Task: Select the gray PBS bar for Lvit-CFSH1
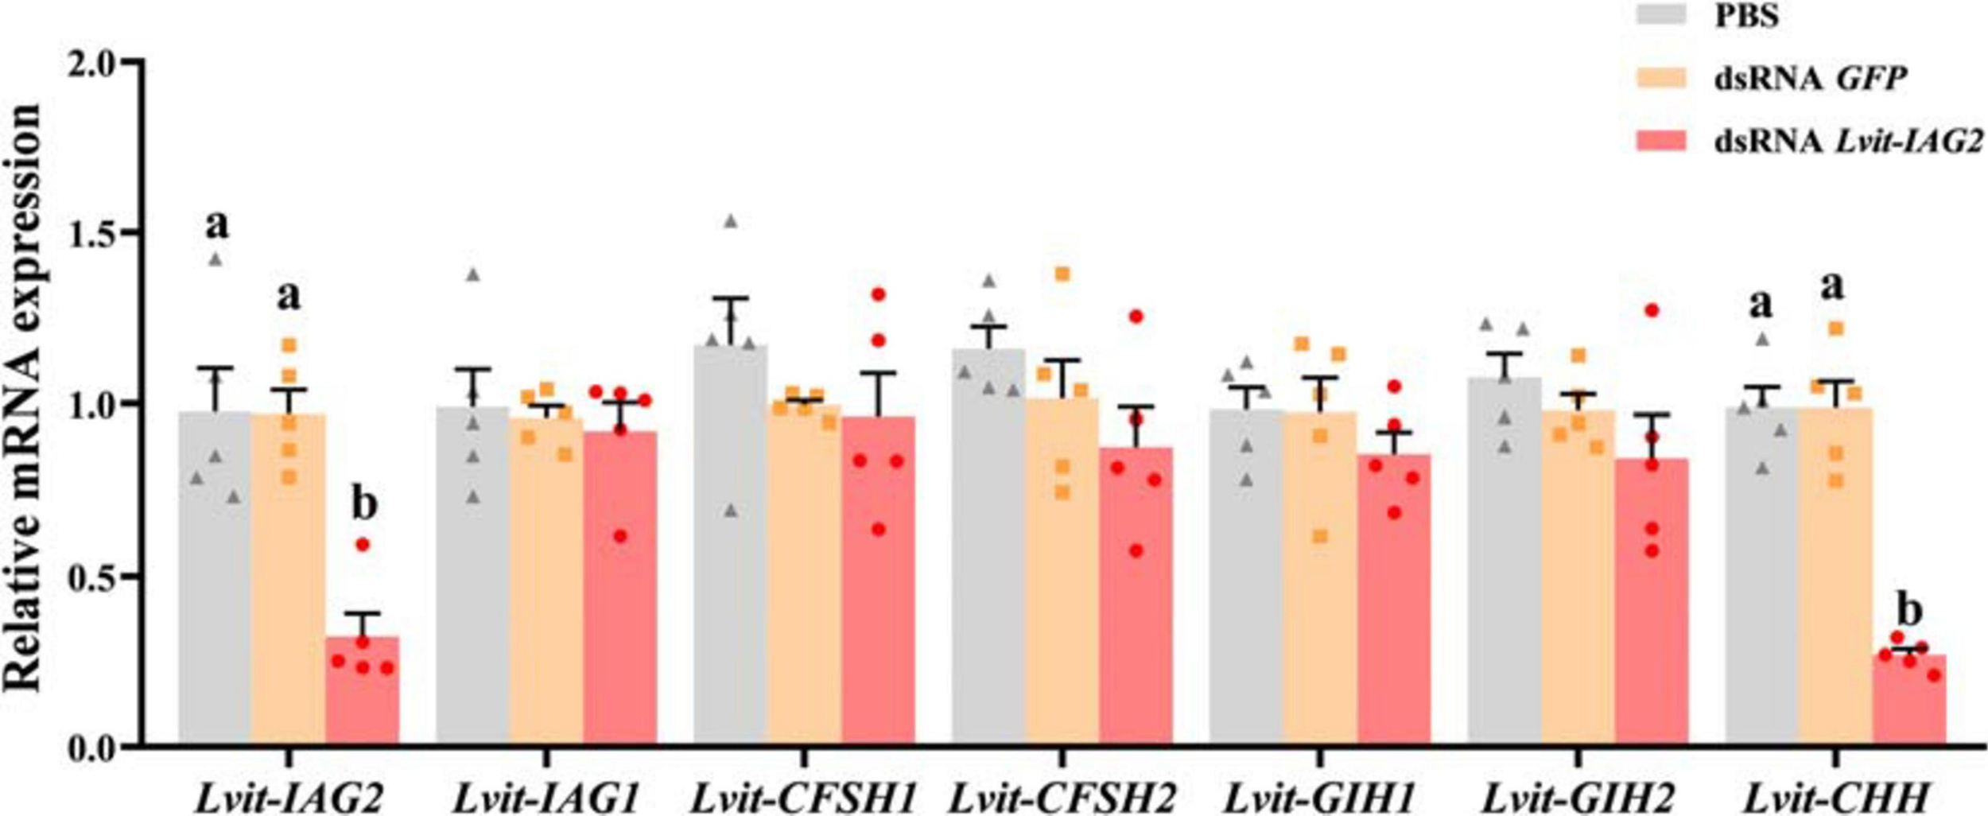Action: pyautogui.click(x=730, y=557)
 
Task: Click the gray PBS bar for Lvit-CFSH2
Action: pyautogui.click(x=988, y=557)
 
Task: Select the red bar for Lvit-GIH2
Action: pyautogui.click(x=1651, y=612)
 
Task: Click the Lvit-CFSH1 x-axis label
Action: pyautogui.click(x=803, y=796)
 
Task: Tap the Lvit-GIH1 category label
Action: pyautogui.click(x=1320, y=796)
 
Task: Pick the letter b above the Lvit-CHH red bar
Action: pyautogui.click(x=1908, y=611)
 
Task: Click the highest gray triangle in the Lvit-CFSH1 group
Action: pyautogui.click(x=731, y=221)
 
